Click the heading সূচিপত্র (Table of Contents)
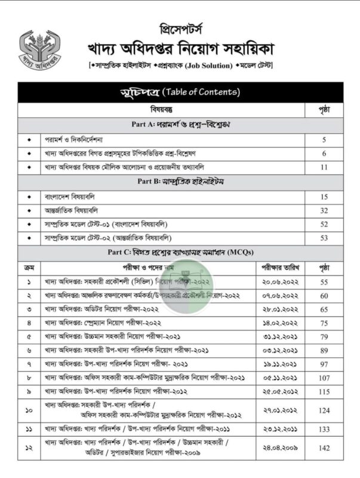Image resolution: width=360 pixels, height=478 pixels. [180, 92]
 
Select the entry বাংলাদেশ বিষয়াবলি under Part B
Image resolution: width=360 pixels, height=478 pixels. [70, 196]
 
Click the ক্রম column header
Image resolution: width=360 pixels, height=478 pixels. [29, 266]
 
